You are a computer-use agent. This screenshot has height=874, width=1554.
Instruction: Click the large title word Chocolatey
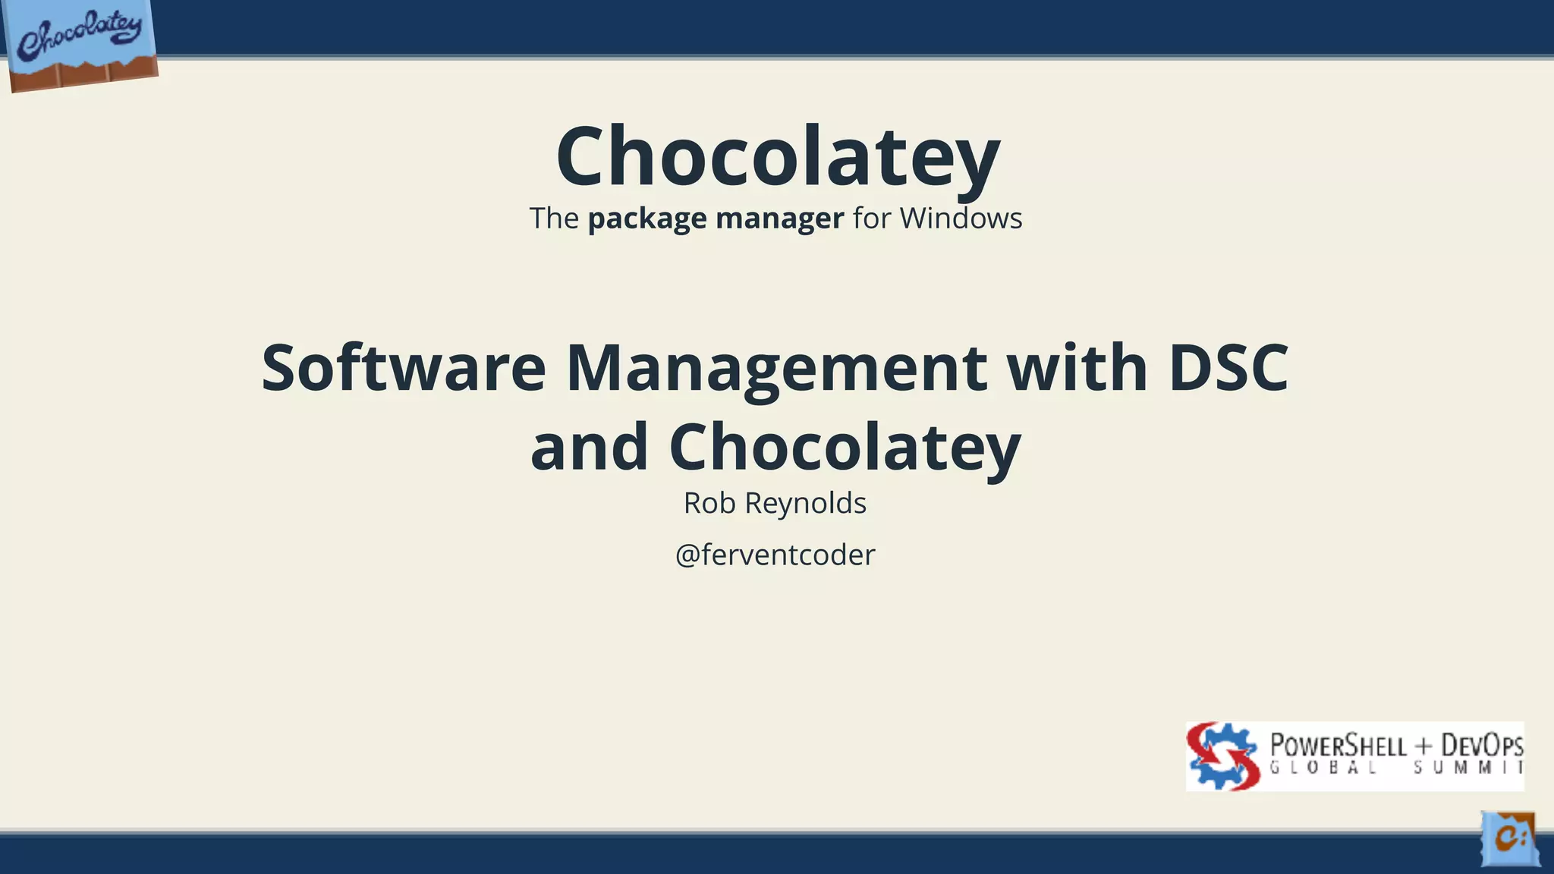click(x=778, y=156)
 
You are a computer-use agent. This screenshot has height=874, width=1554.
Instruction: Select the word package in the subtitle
click(x=647, y=218)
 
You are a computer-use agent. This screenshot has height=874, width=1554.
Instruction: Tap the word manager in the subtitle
click(x=779, y=218)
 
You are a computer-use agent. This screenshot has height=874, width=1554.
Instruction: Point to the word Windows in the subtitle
click(x=961, y=218)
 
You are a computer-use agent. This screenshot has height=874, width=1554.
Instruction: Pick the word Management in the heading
click(x=776, y=369)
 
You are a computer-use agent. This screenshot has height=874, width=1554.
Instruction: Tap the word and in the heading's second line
click(x=589, y=447)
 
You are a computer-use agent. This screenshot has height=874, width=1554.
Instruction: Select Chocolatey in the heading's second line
click(x=845, y=448)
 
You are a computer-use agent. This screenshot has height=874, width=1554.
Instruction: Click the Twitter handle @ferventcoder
click(x=775, y=555)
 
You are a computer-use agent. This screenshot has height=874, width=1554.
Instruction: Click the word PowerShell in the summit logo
click(x=1338, y=745)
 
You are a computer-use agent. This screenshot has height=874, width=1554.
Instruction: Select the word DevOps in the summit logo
click(x=1482, y=745)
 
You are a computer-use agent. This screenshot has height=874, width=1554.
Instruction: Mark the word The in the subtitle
click(x=554, y=218)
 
